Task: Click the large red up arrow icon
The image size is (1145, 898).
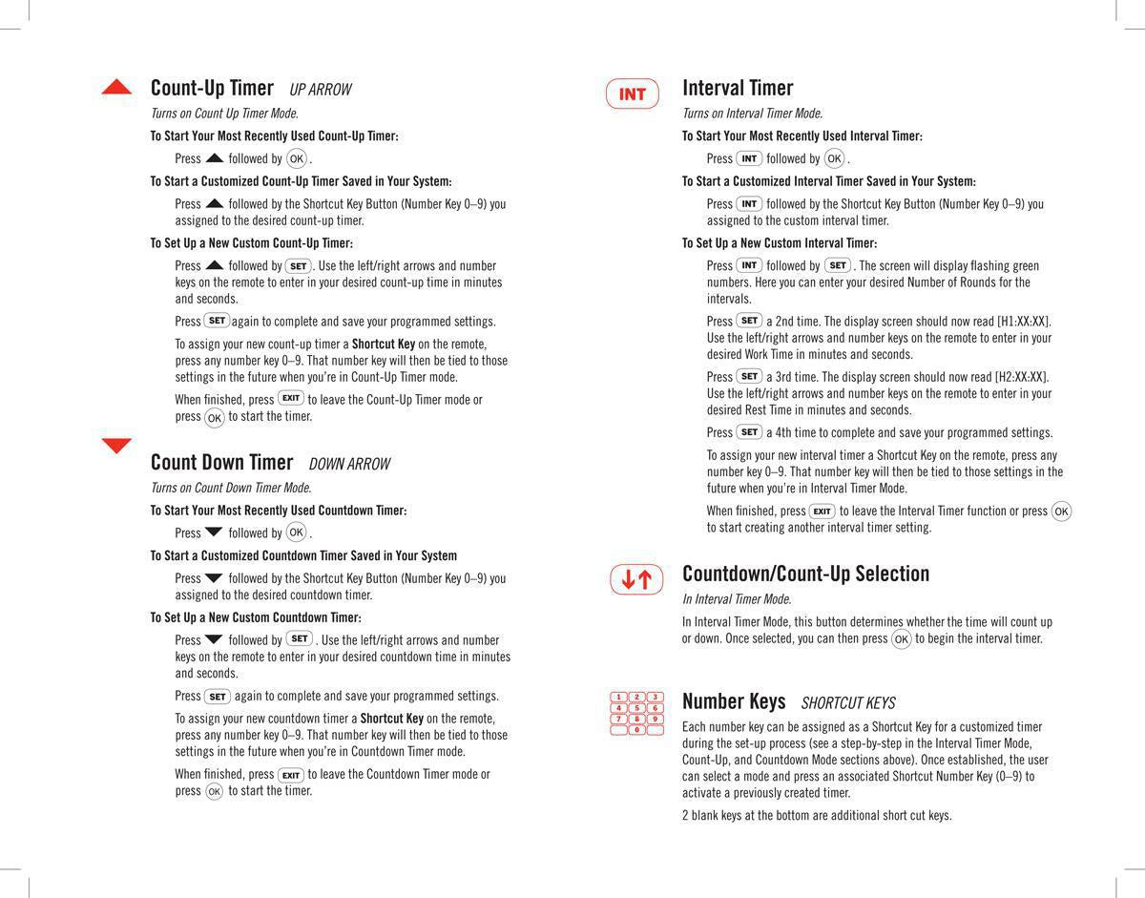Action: [x=116, y=88]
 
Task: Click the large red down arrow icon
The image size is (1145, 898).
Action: [x=116, y=446]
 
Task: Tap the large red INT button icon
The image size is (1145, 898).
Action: [x=633, y=94]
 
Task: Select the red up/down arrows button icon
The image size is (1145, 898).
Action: [x=636, y=579]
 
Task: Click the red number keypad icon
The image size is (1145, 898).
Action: [x=636, y=713]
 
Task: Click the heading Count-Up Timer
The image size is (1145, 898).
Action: [x=212, y=88]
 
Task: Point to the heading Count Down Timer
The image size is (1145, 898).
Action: [x=221, y=462]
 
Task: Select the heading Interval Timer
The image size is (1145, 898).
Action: [x=738, y=88]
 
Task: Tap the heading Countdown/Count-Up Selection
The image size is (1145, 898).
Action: [x=805, y=574]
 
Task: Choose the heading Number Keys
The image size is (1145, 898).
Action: [x=734, y=701]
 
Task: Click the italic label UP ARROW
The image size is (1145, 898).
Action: [x=321, y=90]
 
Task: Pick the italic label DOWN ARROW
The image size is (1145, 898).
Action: [x=349, y=465]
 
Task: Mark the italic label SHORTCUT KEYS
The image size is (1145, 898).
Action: [x=848, y=704]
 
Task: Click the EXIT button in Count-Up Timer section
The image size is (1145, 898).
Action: [x=291, y=398]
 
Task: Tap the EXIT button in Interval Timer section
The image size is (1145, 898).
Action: [x=822, y=512]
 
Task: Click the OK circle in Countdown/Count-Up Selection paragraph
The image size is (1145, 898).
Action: [x=901, y=639]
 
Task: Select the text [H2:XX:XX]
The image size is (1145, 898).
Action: [x=1022, y=377]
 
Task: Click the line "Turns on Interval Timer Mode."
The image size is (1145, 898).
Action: [x=752, y=114]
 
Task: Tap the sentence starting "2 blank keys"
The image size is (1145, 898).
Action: [x=817, y=816]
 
